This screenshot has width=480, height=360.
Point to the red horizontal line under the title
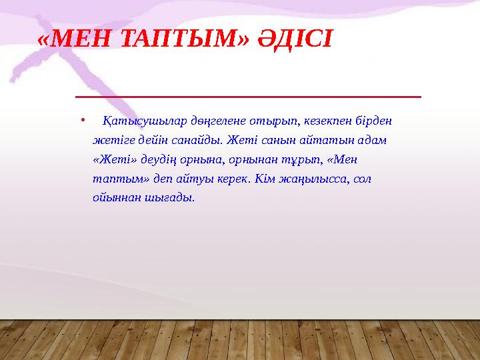pos(248,97)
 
